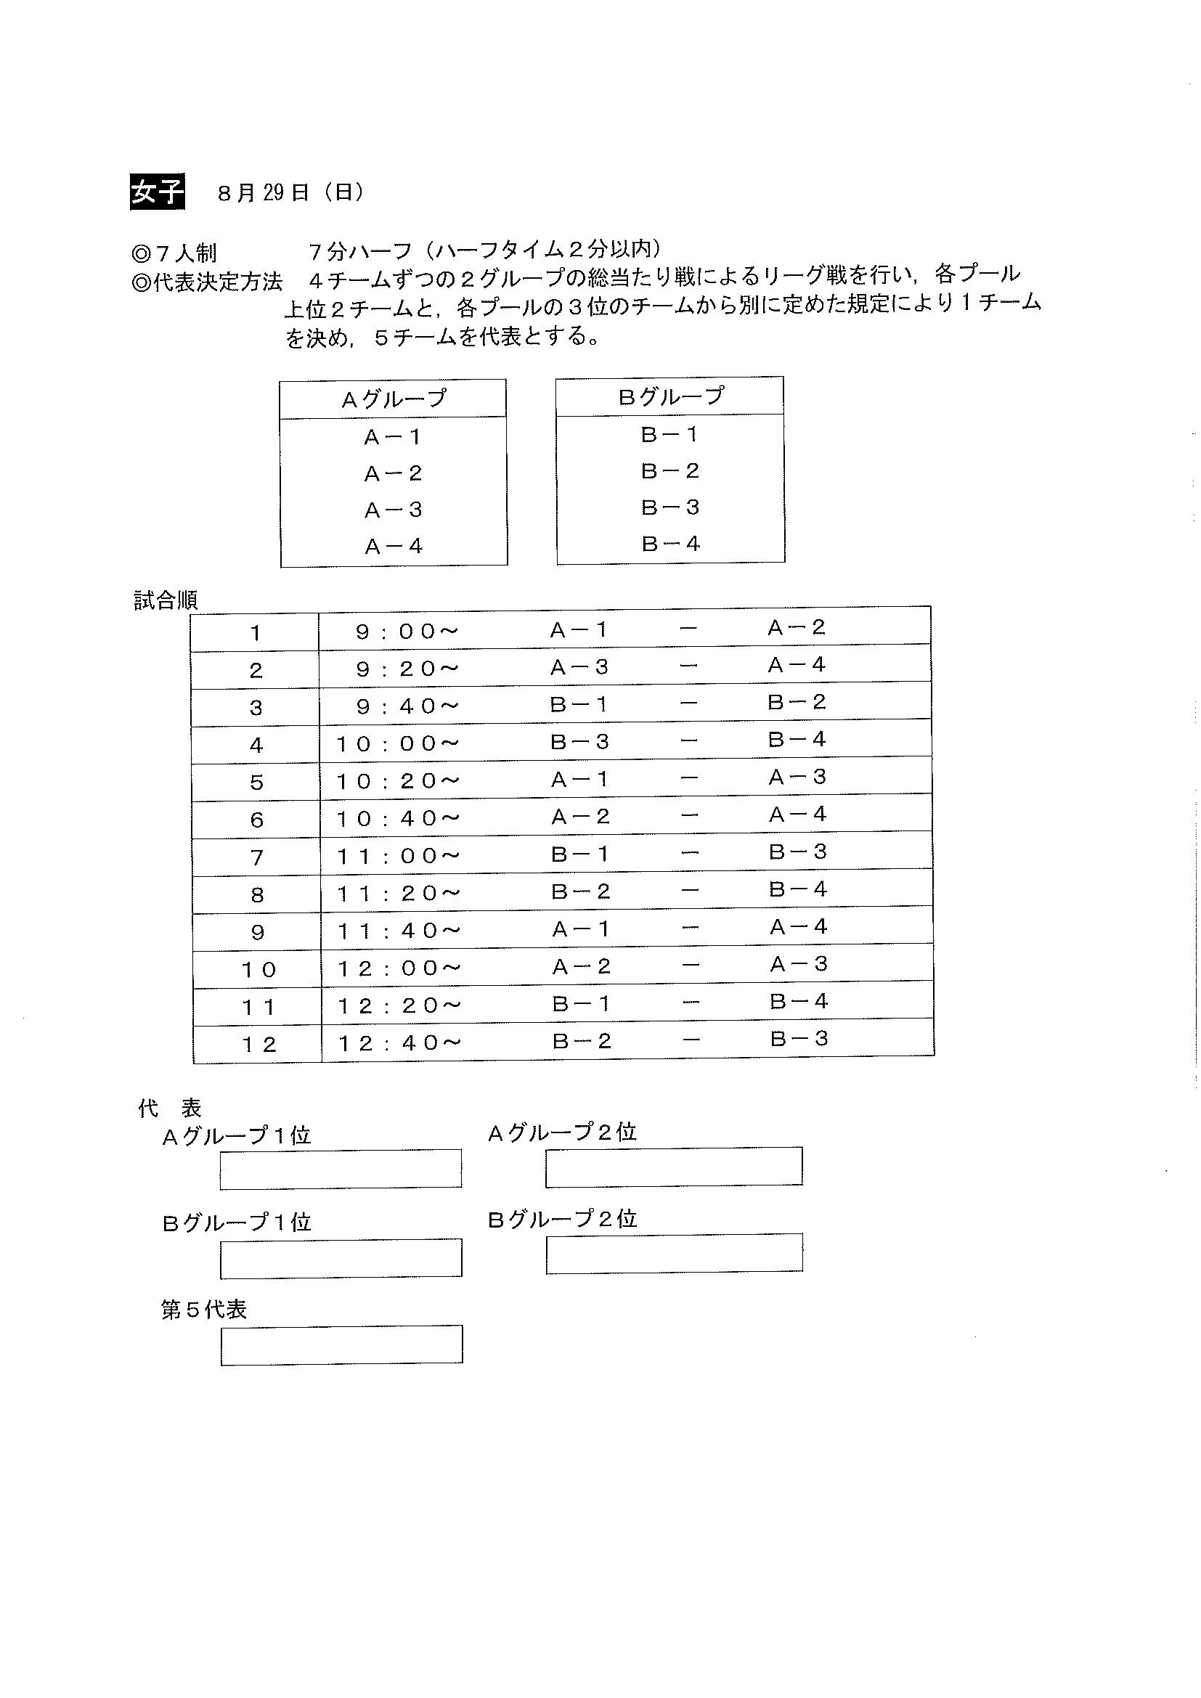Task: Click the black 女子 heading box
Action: click(157, 192)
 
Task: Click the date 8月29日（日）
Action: click(290, 193)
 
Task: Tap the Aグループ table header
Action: click(394, 399)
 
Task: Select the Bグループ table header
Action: click(670, 397)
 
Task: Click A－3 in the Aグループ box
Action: click(394, 510)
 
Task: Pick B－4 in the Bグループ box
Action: click(670, 544)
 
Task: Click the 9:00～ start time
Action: click(407, 632)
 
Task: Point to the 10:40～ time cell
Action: click(398, 819)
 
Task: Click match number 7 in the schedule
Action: click(256, 858)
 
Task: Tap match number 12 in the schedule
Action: click(258, 1045)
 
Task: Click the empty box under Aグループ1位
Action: click(341, 1169)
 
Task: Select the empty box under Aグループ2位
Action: click(674, 1167)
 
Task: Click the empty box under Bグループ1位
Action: click(341, 1258)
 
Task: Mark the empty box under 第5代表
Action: click(342, 1344)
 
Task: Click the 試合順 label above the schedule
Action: click(166, 600)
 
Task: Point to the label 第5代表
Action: click(203, 1310)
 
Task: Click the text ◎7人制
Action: click(174, 253)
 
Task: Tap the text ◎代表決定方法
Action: click(207, 282)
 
